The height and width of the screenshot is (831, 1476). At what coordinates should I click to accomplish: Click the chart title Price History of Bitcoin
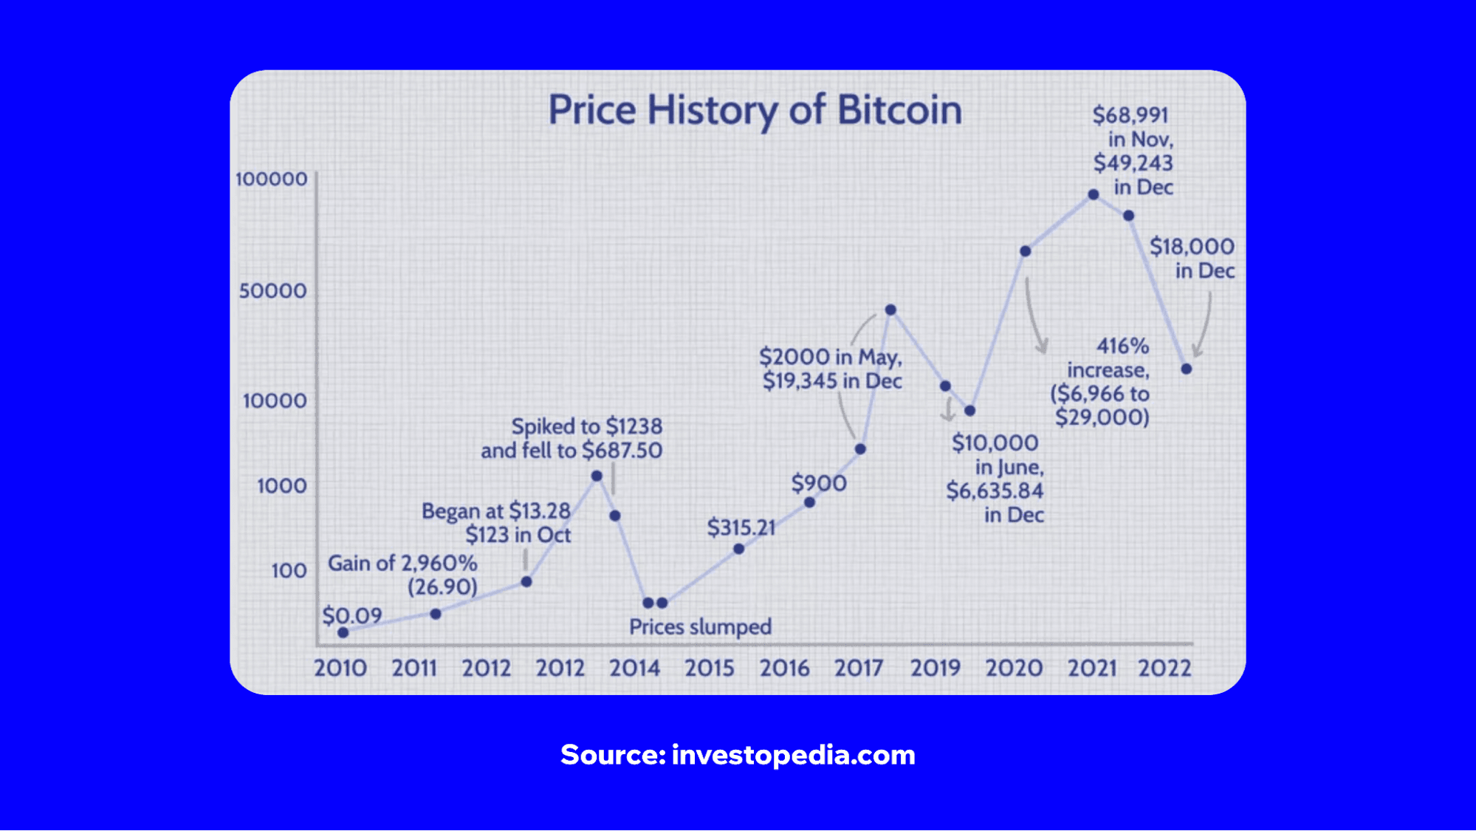pyautogui.click(x=755, y=111)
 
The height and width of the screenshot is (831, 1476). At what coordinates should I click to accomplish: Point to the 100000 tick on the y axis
pyautogui.click(x=271, y=179)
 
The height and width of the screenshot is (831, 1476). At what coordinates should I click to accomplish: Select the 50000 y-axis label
pyautogui.click(x=272, y=291)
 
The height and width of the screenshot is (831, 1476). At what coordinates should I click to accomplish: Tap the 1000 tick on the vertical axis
pyautogui.click(x=281, y=486)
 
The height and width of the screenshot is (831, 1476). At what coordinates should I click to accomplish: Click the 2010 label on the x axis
pyautogui.click(x=340, y=668)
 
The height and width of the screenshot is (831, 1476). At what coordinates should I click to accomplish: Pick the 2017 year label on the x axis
pyautogui.click(x=859, y=668)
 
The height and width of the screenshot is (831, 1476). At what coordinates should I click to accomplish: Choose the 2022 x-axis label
pyautogui.click(x=1164, y=668)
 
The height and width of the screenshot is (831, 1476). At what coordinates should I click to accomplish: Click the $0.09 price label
pyautogui.click(x=352, y=615)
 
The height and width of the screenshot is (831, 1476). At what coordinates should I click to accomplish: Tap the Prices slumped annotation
pyautogui.click(x=700, y=627)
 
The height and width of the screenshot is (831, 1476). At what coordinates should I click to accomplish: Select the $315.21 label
pyautogui.click(x=741, y=527)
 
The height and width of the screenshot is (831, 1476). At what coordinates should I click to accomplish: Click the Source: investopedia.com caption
pyautogui.click(x=738, y=755)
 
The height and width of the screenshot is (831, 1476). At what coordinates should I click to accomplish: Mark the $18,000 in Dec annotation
pyautogui.click(x=1192, y=259)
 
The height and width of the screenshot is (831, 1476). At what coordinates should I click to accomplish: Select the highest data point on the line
pyautogui.click(x=1094, y=195)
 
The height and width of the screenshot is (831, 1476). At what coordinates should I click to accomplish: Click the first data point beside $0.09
pyautogui.click(x=343, y=632)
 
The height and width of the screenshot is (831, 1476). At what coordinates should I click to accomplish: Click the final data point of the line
pyautogui.click(x=1187, y=369)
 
